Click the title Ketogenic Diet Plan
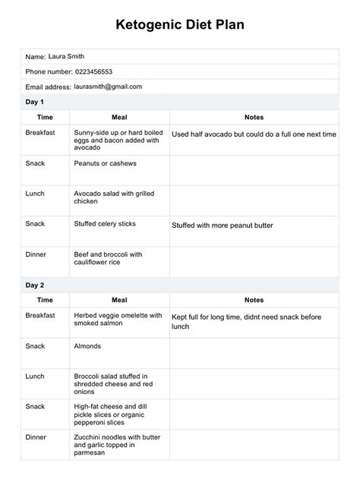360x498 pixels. coord(180,24)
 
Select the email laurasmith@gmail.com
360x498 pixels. coord(108,87)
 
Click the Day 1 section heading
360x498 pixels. coord(36,102)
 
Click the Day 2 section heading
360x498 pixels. coord(36,285)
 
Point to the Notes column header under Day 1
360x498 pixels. coord(254,117)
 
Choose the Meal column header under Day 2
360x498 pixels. coord(119,300)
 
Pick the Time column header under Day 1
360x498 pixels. coord(45,117)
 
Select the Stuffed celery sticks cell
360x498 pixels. coord(106,225)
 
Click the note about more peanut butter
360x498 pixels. coord(222,225)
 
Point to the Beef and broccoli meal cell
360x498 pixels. coord(108,258)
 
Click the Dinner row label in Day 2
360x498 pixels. coord(36,438)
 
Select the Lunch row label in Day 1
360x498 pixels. coord(35,194)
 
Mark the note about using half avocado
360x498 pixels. coord(254,134)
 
